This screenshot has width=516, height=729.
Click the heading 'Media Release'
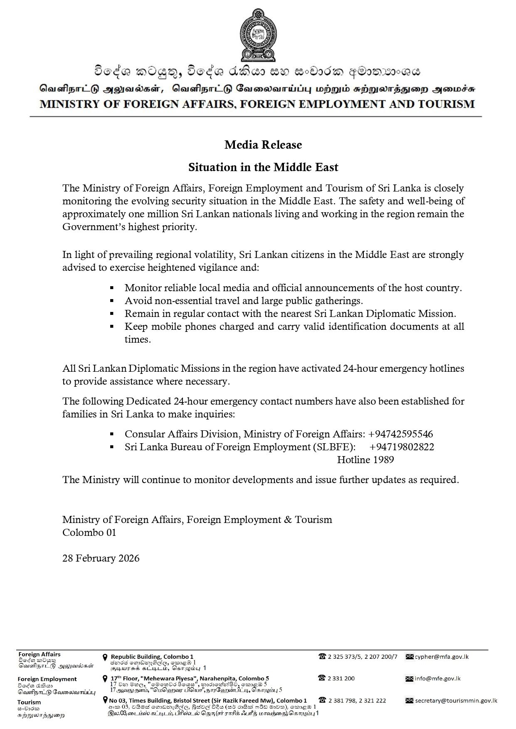tap(263, 145)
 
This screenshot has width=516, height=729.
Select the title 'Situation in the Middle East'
tap(263, 167)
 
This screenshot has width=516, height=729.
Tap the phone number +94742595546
tap(400, 434)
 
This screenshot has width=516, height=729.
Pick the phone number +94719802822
tap(401, 447)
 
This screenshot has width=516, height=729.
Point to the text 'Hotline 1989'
tap(365, 460)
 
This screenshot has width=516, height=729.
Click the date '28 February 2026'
tap(101, 558)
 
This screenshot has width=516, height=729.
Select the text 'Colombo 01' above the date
tap(89, 533)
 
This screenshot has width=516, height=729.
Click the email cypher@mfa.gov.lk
tap(441, 657)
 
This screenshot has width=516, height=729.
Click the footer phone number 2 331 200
tap(341, 678)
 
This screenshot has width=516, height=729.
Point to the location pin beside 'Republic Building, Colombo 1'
tap(105, 657)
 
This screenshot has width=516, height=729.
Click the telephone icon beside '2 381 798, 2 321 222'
tap(322, 700)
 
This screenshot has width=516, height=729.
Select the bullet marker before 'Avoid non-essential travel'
tap(112, 300)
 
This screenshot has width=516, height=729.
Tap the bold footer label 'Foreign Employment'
tap(47, 679)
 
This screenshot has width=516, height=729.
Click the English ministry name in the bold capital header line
tap(257, 104)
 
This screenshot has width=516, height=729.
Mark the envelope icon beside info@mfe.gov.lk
tap(409, 679)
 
